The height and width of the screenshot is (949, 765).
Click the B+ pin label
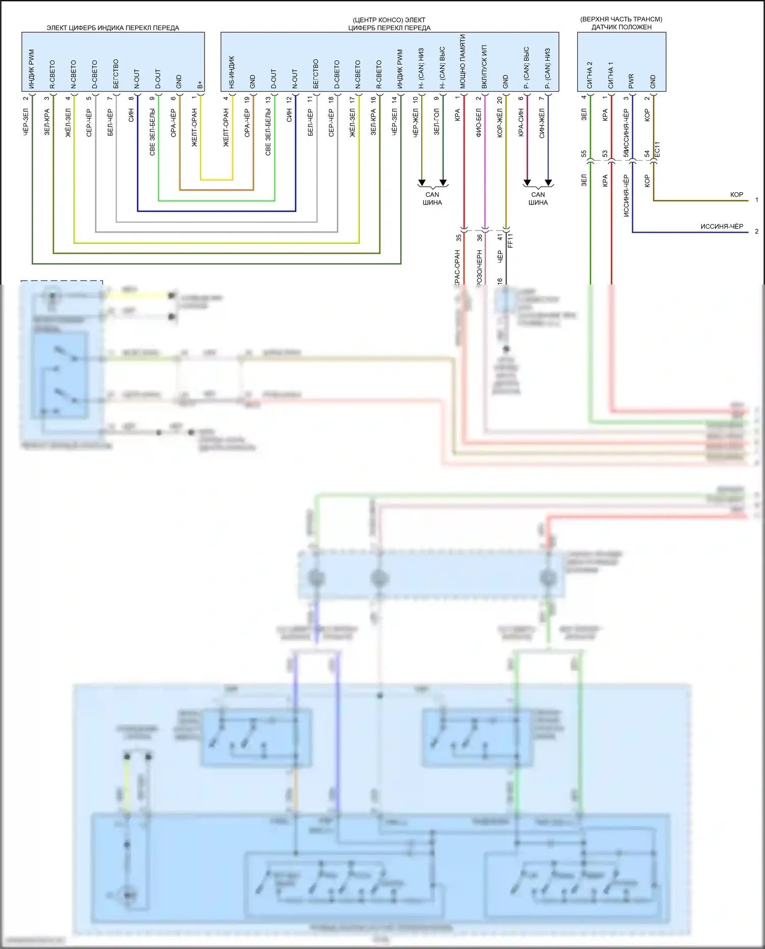(x=200, y=84)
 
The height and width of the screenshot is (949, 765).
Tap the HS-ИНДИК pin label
(x=232, y=72)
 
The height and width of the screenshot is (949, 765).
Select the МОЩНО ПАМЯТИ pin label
(x=463, y=62)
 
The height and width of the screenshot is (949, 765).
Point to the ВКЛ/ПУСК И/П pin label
(x=484, y=67)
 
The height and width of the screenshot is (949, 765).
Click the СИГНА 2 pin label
(x=590, y=75)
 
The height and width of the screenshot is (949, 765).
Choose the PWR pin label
(x=631, y=81)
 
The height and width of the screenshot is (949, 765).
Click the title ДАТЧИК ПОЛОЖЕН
(x=621, y=27)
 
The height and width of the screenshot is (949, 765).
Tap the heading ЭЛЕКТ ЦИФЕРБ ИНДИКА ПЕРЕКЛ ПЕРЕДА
(x=113, y=28)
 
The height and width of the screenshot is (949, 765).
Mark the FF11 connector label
(x=511, y=240)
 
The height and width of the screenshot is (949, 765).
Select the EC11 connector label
(x=657, y=149)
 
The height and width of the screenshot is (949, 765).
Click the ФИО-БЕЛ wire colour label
(x=479, y=123)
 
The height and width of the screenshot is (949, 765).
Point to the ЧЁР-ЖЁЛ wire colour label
(x=416, y=123)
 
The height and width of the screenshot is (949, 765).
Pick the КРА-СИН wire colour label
(x=521, y=122)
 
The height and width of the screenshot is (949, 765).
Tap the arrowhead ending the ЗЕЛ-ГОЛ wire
(x=443, y=183)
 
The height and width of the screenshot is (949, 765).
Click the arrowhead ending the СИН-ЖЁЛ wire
(x=548, y=183)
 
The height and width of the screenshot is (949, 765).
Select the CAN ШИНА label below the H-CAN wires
(x=432, y=198)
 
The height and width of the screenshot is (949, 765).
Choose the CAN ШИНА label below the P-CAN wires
(x=538, y=198)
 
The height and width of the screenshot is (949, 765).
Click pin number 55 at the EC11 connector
(x=584, y=153)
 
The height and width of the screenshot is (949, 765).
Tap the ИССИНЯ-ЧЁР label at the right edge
(x=721, y=226)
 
